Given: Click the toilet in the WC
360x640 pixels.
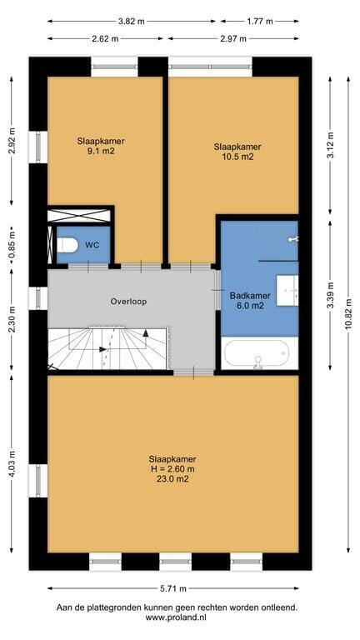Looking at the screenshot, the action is (67, 245).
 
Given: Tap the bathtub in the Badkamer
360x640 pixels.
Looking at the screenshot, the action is (256, 353).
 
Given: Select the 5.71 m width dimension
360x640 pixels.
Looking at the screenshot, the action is (173, 588).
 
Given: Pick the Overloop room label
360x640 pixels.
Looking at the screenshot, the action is (128, 302).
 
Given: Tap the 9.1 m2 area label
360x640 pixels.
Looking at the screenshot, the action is (101, 151).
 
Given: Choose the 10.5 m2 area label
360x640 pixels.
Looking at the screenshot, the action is (237, 157).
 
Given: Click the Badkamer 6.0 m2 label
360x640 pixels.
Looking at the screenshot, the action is (247, 301).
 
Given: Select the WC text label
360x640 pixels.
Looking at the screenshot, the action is (92, 245).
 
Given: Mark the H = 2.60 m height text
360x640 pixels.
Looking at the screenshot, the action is (172, 469).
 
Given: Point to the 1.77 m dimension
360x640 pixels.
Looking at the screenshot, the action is (260, 22).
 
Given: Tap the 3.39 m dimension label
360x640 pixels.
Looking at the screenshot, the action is (330, 296).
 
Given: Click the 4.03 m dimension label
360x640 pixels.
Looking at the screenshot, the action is (12, 463).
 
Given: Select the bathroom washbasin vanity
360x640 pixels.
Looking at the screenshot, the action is (287, 290).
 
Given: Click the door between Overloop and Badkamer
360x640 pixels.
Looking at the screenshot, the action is (217, 290).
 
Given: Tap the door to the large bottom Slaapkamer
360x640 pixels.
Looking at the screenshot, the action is (193, 372).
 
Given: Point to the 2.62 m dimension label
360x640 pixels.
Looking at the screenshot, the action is (105, 39).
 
